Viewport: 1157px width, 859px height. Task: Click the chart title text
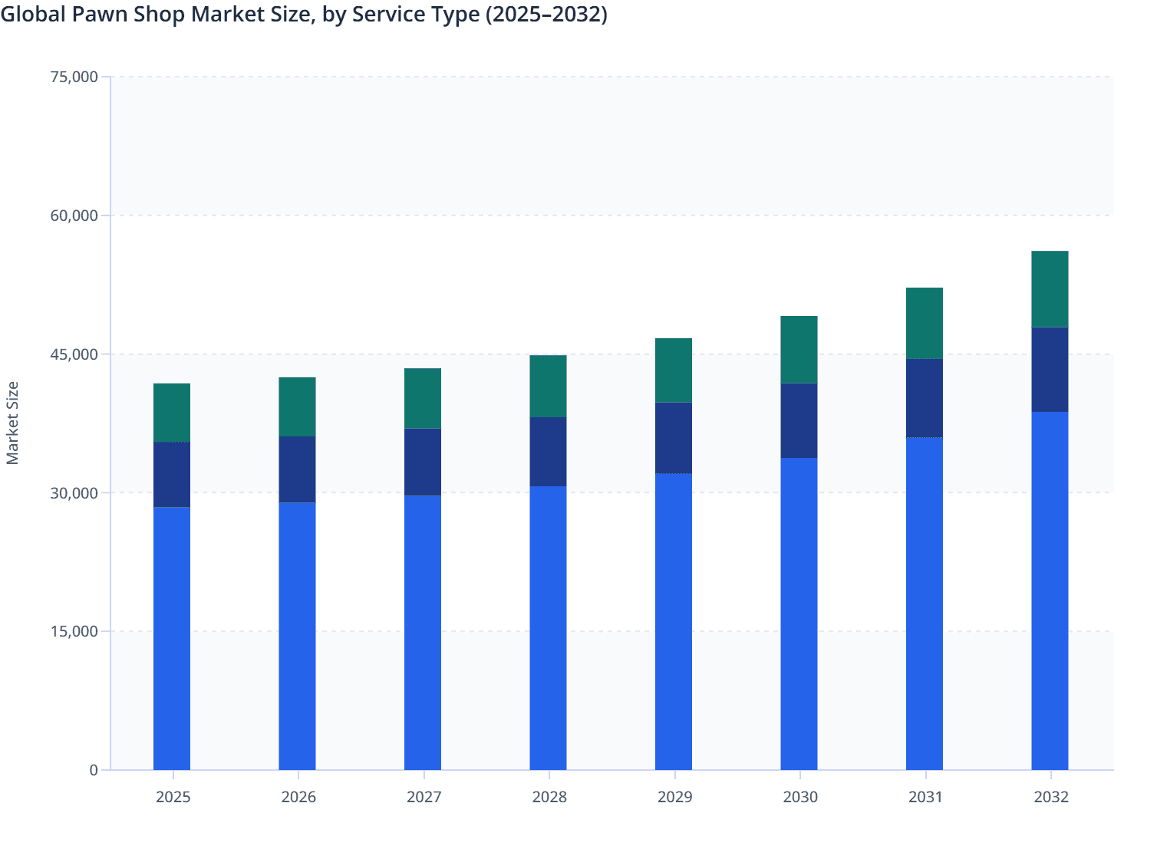click(304, 15)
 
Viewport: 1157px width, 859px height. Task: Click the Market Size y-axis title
click(13, 423)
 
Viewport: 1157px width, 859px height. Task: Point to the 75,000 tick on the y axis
click(74, 77)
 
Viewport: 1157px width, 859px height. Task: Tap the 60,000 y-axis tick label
click(74, 216)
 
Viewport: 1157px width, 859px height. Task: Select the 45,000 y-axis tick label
click(74, 354)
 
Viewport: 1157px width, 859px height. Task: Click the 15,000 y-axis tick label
click(74, 631)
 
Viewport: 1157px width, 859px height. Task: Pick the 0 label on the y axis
click(93, 770)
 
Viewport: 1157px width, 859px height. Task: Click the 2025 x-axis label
click(173, 797)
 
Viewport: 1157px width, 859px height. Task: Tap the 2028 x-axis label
click(549, 797)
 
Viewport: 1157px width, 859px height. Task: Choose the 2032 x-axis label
click(1050, 797)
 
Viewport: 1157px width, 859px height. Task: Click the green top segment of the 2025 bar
click(172, 413)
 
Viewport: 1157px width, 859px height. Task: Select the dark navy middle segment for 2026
click(297, 469)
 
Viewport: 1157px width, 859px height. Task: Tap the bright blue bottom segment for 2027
click(423, 633)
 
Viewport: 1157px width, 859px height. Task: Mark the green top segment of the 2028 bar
click(548, 386)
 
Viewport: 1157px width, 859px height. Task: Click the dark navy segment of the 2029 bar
click(674, 438)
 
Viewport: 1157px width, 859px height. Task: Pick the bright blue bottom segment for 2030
click(799, 614)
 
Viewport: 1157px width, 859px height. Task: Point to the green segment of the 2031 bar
click(925, 323)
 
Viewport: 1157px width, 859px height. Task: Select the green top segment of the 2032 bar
click(1050, 289)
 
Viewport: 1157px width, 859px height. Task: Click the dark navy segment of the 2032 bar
click(1050, 370)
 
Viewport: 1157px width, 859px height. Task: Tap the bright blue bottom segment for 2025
click(172, 638)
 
